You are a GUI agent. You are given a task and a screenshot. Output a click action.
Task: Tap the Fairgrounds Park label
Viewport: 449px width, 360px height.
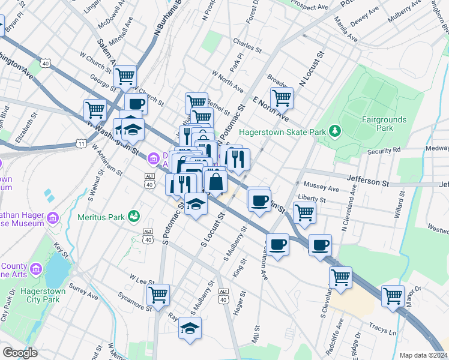(384, 124)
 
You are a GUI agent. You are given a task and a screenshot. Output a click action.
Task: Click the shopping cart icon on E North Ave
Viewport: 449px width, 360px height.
(281, 97)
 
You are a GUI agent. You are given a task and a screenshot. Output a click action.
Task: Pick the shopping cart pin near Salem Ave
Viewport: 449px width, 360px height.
(125, 76)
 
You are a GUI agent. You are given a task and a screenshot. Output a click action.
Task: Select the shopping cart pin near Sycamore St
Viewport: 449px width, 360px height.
(158, 295)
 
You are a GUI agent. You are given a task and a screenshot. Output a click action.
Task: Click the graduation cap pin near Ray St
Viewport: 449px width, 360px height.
(190, 328)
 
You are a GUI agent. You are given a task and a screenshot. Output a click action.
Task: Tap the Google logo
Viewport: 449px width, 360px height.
(20, 353)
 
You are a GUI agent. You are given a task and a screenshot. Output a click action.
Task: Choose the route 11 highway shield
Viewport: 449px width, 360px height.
(80, 143)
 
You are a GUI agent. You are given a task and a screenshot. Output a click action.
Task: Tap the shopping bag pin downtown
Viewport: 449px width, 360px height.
(215, 181)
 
